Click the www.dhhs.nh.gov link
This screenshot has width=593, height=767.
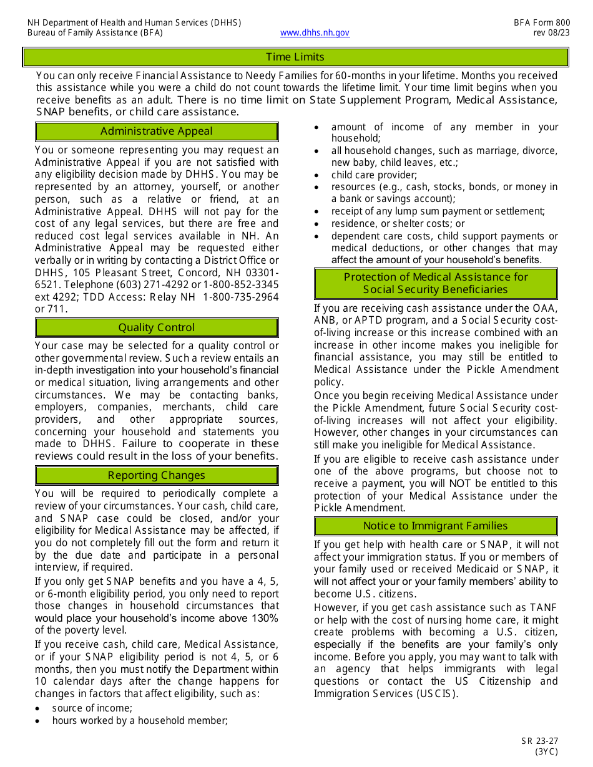click(315, 33)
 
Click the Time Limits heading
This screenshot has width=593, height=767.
click(295, 57)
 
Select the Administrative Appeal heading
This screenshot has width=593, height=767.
click(156, 131)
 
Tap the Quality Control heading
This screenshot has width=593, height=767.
click(156, 327)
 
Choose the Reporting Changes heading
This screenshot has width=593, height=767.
click(156, 475)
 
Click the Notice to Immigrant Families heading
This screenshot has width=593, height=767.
click(435, 526)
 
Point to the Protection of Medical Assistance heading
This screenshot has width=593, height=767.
click(435, 283)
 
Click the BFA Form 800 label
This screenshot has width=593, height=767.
click(541, 22)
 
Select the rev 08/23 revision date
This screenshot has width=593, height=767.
click(552, 33)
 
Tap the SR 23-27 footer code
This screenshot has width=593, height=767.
click(540, 741)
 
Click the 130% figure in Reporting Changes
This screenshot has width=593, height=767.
click(265, 618)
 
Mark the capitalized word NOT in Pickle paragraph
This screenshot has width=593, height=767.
click(459, 483)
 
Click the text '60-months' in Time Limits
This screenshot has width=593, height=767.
click(358, 75)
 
